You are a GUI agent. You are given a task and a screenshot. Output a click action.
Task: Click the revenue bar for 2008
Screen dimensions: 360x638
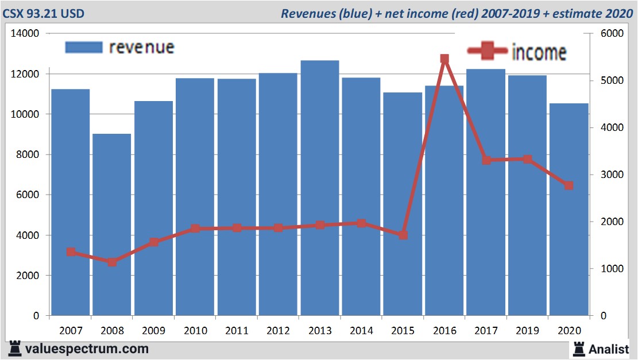click(112, 224)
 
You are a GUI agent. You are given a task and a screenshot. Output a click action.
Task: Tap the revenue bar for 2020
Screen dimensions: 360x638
click(569, 209)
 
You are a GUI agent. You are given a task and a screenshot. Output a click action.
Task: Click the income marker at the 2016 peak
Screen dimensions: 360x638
click(444, 59)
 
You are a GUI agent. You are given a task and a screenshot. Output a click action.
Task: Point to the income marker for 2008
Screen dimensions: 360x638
click(112, 262)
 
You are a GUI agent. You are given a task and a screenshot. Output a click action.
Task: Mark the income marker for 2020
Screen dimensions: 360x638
click(569, 185)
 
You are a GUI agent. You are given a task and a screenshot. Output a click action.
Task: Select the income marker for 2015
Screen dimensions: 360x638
click(403, 235)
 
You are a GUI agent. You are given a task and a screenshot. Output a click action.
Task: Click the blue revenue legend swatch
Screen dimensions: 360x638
click(84, 47)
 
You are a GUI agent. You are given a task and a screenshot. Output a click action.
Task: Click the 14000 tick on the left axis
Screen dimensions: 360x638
click(26, 34)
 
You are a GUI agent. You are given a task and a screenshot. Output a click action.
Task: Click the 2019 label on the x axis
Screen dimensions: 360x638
click(528, 331)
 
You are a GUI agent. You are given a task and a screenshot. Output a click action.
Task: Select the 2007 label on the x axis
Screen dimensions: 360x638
click(71, 331)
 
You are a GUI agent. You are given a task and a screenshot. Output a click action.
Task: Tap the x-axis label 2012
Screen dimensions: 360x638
click(279, 331)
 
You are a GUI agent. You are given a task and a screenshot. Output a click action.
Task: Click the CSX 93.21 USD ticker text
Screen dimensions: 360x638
click(44, 13)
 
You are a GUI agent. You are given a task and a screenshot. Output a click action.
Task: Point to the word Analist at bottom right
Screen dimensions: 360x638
click(609, 349)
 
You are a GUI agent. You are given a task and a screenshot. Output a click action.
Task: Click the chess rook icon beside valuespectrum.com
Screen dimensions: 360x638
click(15, 349)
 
